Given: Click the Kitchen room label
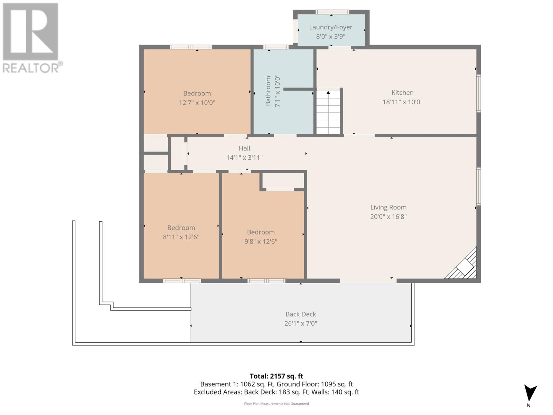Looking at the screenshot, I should pyautogui.click(x=402, y=93).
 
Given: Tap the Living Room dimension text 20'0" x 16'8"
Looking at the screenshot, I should pyautogui.click(x=388, y=217).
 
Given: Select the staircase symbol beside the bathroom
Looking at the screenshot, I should pyautogui.click(x=328, y=112).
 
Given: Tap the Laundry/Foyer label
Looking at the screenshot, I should pyautogui.click(x=331, y=27).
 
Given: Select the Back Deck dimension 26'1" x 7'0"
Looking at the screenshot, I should pyautogui.click(x=301, y=324).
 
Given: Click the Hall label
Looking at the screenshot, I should pyautogui.click(x=244, y=148).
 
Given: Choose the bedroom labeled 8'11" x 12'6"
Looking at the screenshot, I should pyautogui.click(x=181, y=232).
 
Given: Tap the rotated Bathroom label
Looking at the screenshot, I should pyautogui.click(x=268, y=91).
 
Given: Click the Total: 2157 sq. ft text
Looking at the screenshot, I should pyautogui.click(x=276, y=376).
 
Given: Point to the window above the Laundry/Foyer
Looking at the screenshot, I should pyautogui.click(x=332, y=12).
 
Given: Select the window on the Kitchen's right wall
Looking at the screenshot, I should pyautogui.click(x=479, y=93).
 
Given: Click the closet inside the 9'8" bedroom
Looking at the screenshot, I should pyautogui.click(x=283, y=181).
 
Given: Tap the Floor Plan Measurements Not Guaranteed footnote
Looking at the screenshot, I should pyautogui.click(x=276, y=404).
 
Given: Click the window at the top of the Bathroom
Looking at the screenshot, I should pyautogui.click(x=276, y=47).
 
